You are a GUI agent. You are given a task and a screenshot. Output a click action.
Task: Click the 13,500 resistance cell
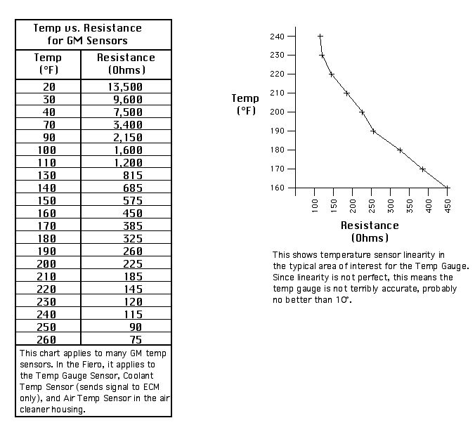click(x=125, y=87)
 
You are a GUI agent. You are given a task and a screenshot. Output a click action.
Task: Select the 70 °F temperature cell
click(x=48, y=125)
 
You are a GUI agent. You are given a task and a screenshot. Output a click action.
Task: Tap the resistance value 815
click(x=133, y=176)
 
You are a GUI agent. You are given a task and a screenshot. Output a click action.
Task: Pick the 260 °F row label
click(x=46, y=340)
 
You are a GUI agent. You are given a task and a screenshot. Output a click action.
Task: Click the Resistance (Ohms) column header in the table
click(x=126, y=64)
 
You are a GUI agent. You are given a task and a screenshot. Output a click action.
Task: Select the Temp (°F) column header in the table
click(x=48, y=64)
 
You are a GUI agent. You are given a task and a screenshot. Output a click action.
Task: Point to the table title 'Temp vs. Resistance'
click(x=88, y=28)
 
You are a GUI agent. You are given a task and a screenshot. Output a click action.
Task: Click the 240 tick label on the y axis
click(x=277, y=37)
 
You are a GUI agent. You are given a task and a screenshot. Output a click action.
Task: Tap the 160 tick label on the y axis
click(x=277, y=188)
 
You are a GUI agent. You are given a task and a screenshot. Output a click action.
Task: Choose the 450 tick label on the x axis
click(x=448, y=206)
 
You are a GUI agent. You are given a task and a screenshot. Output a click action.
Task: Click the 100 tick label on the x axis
click(x=315, y=206)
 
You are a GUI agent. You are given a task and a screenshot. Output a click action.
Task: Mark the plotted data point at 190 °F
click(x=373, y=131)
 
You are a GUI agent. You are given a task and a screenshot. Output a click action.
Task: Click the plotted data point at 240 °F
click(x=320, y=37)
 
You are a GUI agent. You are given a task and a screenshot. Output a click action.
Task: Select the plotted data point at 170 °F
click(x=422, y=169)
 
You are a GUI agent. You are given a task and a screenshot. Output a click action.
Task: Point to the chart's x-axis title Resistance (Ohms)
click(x=370, y=231)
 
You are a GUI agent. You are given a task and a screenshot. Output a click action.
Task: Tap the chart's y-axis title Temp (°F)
click(x=245, y=104)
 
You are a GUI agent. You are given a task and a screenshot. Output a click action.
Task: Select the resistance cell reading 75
click(x=136, y=340)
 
